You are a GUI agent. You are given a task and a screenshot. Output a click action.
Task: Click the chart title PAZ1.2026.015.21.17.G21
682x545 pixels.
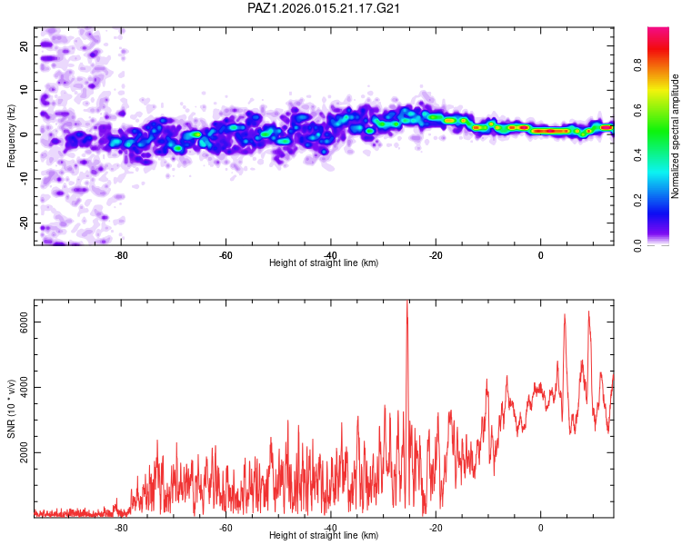coord(325,8)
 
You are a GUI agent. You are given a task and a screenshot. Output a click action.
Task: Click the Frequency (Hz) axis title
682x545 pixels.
coord(11,135)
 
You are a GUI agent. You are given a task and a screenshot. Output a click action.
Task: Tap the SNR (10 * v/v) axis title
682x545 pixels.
coord(11,408)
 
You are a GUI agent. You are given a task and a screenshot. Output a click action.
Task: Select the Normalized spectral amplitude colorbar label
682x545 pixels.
coord(676,136)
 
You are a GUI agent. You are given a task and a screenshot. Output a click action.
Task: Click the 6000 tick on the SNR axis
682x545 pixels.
coord(24,322)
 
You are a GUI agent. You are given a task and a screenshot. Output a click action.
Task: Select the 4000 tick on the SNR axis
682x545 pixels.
coord(24,388)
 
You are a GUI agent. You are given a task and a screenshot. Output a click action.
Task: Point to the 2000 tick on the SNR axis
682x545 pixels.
coord(24,452)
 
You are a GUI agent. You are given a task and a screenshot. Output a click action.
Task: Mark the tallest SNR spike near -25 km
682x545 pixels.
coord(407,305)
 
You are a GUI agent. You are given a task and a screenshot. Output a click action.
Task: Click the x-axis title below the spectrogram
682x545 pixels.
coord(324,263)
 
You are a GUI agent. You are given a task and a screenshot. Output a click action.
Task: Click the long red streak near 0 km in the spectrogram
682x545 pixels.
coord(550,131)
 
